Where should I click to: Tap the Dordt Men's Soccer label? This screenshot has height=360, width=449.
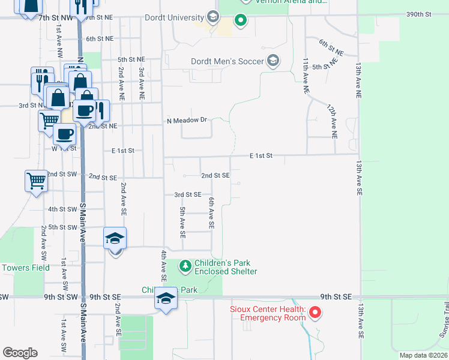[x=228, y=61]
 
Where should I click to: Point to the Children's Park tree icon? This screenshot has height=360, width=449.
[x=185, y=265]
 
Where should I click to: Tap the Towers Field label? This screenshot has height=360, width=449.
[x=25, y=268]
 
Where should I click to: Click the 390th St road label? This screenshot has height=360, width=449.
[x=418, y=14]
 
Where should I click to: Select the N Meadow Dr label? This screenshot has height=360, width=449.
[x=186, y=120]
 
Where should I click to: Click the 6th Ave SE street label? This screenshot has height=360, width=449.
[x=211, y=212]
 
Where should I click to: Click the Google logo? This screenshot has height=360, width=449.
[x=20, y=353]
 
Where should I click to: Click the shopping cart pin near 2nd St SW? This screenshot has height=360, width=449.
[x=36, y=180]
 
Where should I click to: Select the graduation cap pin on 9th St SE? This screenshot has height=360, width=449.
[x=166, y=299]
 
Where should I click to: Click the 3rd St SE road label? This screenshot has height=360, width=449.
[x=187, y=194]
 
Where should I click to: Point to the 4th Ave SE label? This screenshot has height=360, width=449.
[x=163, y=266]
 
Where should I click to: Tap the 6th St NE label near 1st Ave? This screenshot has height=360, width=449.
[x=99, y=39]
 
